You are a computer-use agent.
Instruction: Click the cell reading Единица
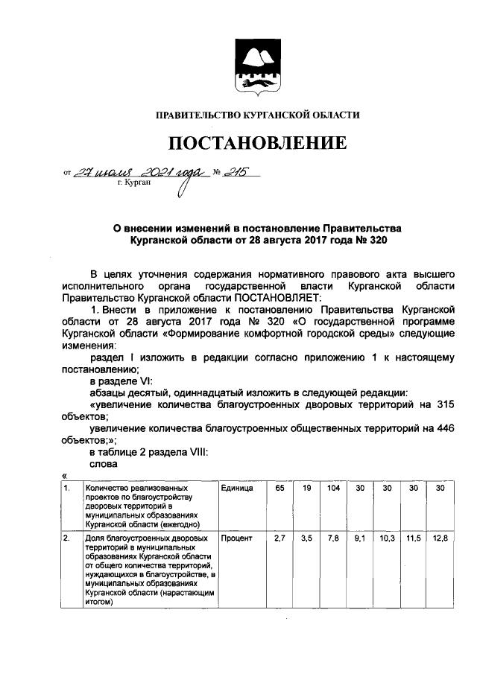pyautogui.click(x=237, y=488)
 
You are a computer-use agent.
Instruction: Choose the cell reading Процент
pyautogui.click(x=236, y=538)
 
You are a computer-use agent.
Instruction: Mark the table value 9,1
pyautogui.click(x=361, y=538)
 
